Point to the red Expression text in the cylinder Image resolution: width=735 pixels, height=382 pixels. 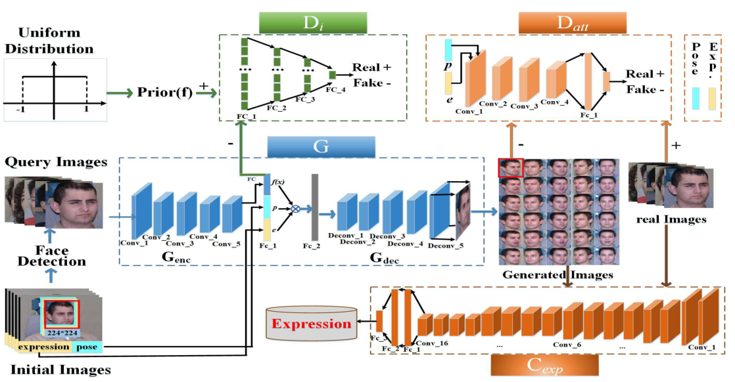tap(312, 324)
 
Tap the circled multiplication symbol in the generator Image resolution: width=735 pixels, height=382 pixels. tap(295, 209)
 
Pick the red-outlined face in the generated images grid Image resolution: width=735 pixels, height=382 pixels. tap(511, 168)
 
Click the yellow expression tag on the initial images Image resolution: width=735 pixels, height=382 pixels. tap(43, 347)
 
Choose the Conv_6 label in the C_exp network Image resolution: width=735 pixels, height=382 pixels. tap(567, 345)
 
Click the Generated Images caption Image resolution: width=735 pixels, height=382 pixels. tap(557, 274)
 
